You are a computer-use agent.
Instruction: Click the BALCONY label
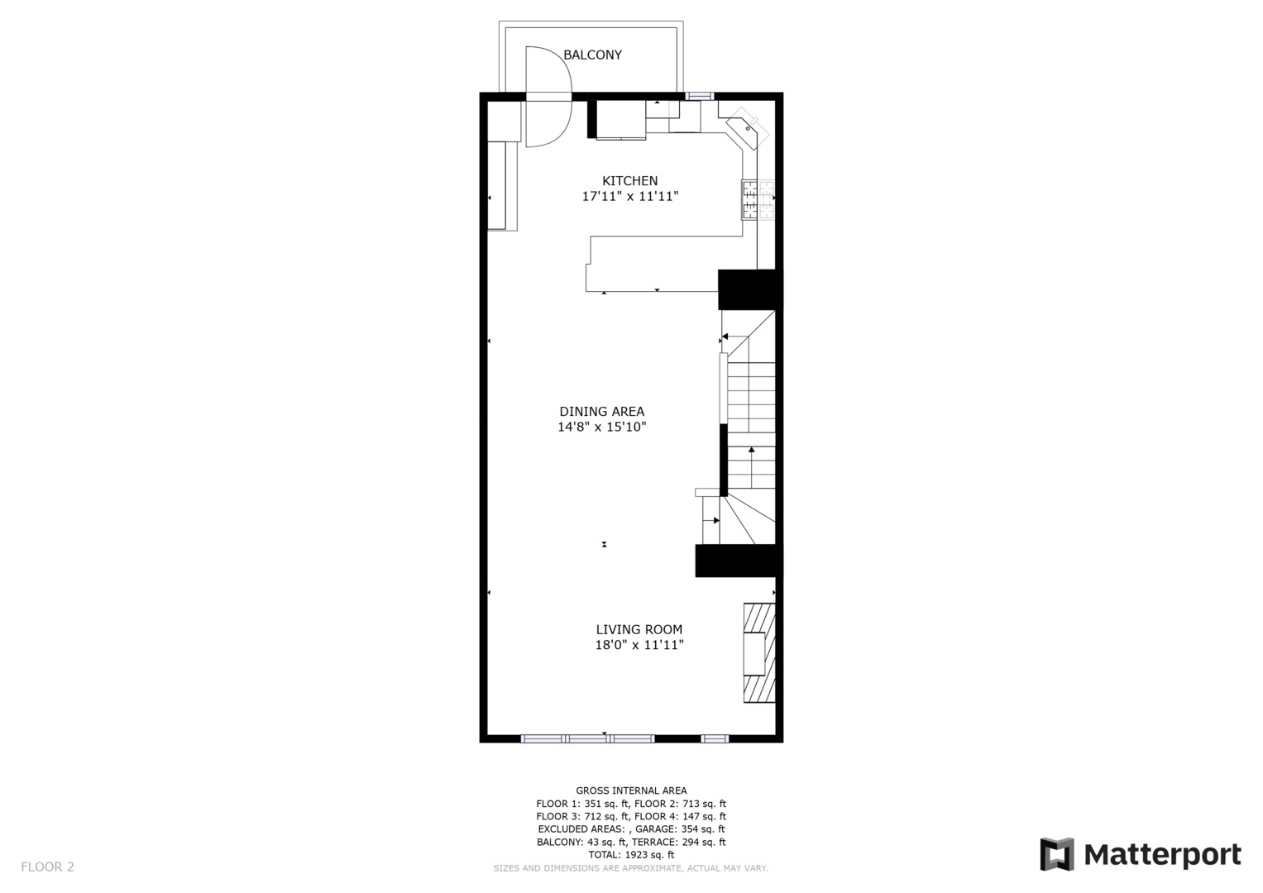pos(592,55)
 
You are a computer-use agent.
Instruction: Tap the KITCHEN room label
pos(629,181)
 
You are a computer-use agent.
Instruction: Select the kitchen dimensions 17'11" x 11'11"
pos(629,196)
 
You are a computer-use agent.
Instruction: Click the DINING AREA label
pos(601,412)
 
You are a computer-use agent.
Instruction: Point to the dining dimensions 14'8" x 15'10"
pos(601,427)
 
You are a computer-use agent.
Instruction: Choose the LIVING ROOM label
pos(639,629)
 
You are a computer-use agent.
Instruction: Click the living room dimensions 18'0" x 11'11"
pos(639,644)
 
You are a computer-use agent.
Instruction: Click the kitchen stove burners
pos(758,199)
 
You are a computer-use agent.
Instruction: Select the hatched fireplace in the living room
pos(759,653)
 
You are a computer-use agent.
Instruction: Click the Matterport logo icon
pos(1057,854)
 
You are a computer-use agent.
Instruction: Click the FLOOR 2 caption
pos(47,867)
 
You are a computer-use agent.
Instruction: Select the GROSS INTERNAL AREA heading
pos(631,790)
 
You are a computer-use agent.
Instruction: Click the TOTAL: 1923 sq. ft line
pos(631,854)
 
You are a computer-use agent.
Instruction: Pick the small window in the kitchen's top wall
pos(700,97)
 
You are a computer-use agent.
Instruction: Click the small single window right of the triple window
pos(715,738)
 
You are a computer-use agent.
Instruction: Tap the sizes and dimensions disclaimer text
pos(631,868)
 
